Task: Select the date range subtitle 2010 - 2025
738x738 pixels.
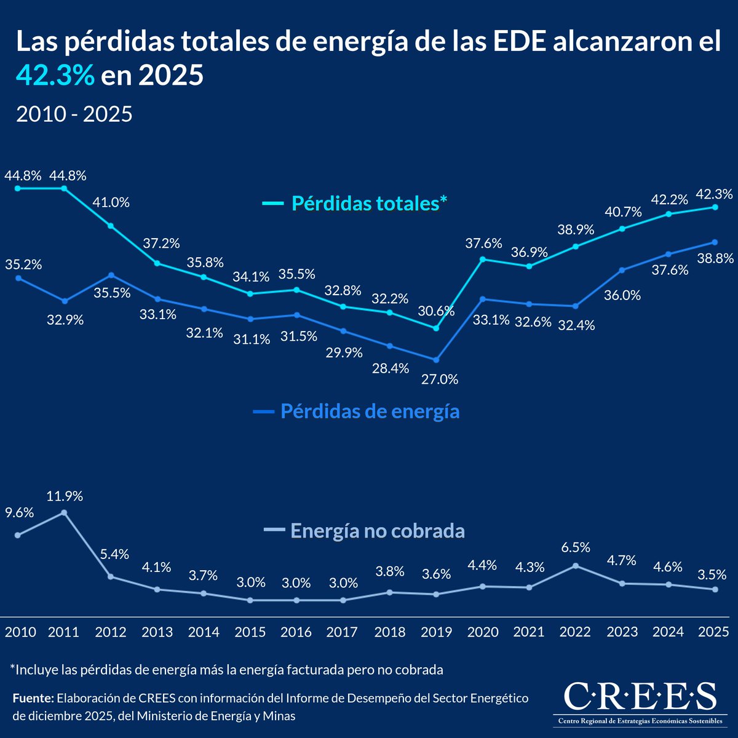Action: (x=74, y=114)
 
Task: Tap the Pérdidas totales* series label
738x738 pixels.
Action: (x=369, y=203)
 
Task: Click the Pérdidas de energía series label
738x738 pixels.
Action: (x=370, y=411)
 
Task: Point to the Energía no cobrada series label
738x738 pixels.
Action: (x=377, y=530)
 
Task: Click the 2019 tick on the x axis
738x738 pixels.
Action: (x=436, y=632)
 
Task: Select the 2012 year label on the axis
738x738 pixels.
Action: (x=111, y=632)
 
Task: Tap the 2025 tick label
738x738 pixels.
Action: (x=713, y=632)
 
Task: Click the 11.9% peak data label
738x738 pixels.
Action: (x=65, y=496)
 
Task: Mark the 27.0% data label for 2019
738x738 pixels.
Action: (x=440, y=379)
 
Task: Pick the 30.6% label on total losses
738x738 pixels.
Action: (x=436, y=311)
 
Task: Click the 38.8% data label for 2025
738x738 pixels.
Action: (x=715, y=259)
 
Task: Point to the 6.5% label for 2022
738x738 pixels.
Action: (x=575, y=547)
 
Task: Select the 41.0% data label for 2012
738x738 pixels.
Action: (x=111, y=202)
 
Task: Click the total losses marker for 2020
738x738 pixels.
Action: (x=483, y=260)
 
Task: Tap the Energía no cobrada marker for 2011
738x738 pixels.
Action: (x=64, y=512)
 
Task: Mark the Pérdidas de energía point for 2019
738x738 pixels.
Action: (x=436, y=360)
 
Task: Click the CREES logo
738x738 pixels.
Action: (x=640, y=701)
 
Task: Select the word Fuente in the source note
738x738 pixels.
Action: (x=33, y=699)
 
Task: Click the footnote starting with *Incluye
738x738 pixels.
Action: (x=226, y=670)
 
